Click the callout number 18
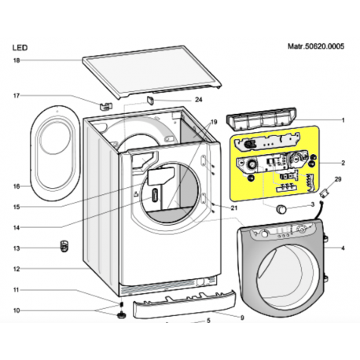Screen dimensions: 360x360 tap(17, 61)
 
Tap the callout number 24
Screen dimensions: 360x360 tap(199, 100)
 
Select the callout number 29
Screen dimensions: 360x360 tap(338, 179)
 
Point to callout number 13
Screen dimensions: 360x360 tap(17, 248)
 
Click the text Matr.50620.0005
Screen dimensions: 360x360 tap(316, 46)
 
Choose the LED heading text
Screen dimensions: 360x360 tap(20, 48)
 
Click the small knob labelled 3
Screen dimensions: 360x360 tap(281, 209)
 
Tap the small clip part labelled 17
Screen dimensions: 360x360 tap(106, 105)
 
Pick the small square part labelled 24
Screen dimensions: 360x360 tap(150, 100)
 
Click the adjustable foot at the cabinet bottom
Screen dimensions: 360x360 tap(121, 314)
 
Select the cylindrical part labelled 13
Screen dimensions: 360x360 tap(64, 246)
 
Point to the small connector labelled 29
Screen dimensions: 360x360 tap(323, 194)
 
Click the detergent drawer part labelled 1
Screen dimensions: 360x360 tap(261, 119)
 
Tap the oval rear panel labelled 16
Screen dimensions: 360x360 tap(56, 153)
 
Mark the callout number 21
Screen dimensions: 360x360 tap(234, 208)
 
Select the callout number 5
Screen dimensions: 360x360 tap(208, 321)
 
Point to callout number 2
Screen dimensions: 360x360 tap(343, 163)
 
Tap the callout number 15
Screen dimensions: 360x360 tap(17, 207)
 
